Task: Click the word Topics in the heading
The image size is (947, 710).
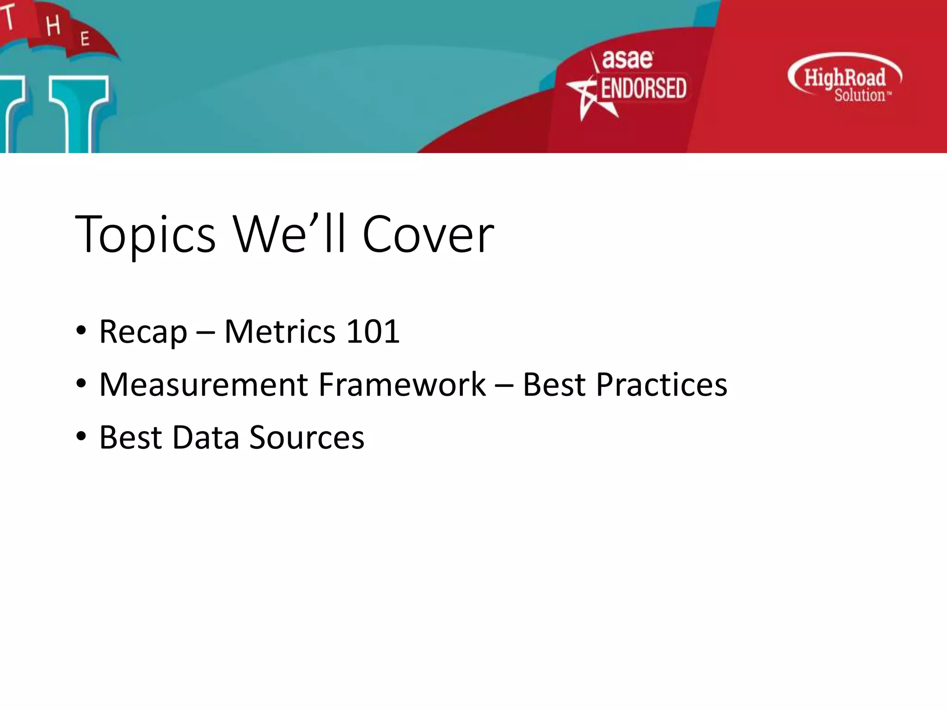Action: click(x=145, y=235)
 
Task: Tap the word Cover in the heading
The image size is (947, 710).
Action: click(x=428, y=235)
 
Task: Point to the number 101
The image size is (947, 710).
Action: click(x=373, y=331)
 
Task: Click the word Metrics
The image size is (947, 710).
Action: click(x=280, y=331)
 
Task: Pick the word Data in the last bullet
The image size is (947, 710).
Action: click(x=206, y=437)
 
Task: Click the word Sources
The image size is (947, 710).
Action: click(x=307, y=437)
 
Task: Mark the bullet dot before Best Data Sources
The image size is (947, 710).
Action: click(x=81, y=436)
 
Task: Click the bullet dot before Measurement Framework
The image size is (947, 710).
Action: click(x=81, y=384)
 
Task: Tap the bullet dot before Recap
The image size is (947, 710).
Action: click(x=81, y=331)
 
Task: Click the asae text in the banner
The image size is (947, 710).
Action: click(x=627, y=59)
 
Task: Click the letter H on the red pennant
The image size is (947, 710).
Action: click(x=53, y=25)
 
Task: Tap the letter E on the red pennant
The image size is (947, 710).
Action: click(x=85, y=39)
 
